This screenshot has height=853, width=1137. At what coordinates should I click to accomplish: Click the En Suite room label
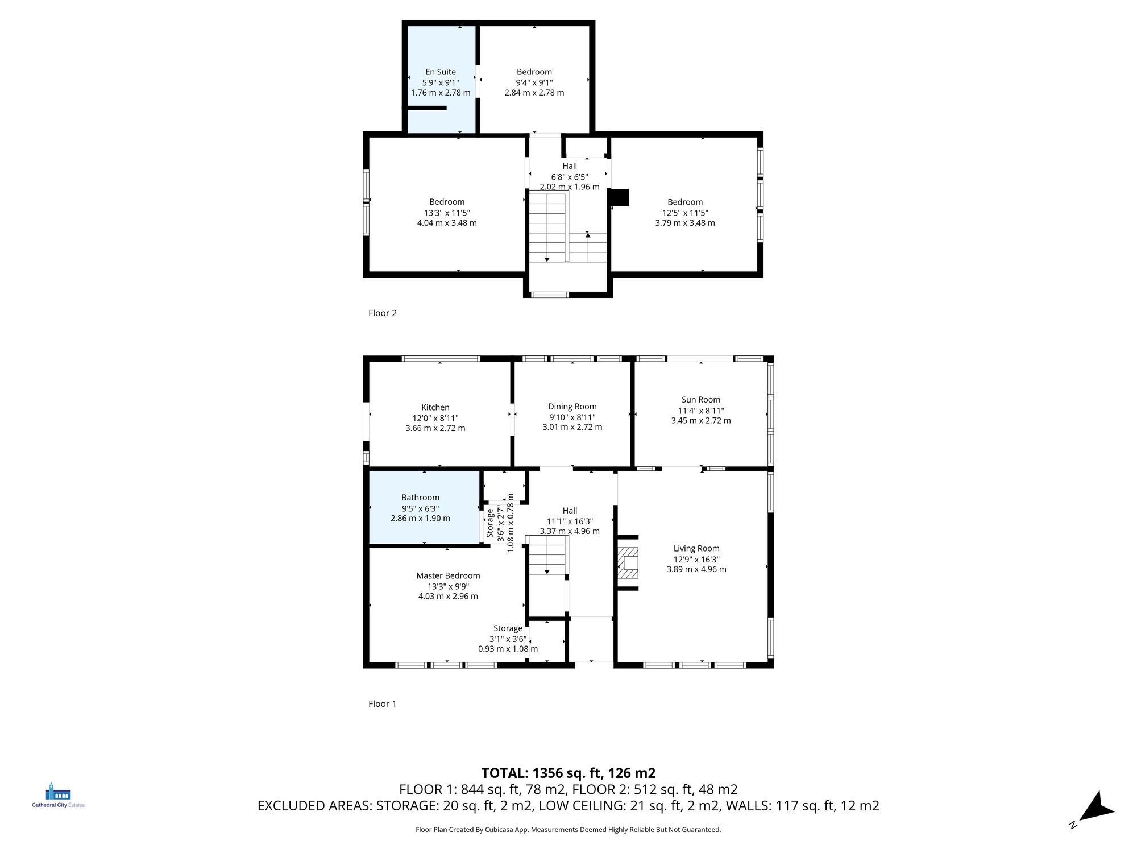point(441,72)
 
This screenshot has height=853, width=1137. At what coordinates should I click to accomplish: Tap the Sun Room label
point(700,400)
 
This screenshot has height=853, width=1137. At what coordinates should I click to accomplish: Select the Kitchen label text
point(435,407)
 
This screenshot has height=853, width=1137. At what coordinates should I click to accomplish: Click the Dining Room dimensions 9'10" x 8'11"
point(572,417)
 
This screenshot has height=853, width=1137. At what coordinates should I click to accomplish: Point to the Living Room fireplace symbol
point(628,563)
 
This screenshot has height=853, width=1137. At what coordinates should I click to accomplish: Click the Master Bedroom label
point(448,575)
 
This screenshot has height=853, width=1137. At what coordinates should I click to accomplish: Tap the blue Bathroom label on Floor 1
point(420,498)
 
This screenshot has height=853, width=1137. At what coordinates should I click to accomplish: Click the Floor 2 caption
point(383,313)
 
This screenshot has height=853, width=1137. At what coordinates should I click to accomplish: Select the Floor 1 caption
point(383,703)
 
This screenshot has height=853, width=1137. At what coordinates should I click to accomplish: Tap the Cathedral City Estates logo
point(58,795)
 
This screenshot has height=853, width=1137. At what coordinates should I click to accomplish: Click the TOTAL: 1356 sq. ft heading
point(568,773)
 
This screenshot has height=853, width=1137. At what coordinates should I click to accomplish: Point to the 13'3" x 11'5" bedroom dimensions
point(447,213)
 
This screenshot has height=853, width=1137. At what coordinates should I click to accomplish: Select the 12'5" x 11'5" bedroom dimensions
point(685,213)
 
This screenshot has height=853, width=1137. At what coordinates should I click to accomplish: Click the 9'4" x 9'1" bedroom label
point(534,72)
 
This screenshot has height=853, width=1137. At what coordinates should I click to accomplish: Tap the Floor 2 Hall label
point(570,166)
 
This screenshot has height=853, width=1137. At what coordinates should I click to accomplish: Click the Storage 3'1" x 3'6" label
point(508,628)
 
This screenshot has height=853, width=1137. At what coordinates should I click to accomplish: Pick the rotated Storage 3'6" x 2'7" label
point(490,523)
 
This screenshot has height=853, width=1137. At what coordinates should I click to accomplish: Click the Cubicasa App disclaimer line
point(568,830)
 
